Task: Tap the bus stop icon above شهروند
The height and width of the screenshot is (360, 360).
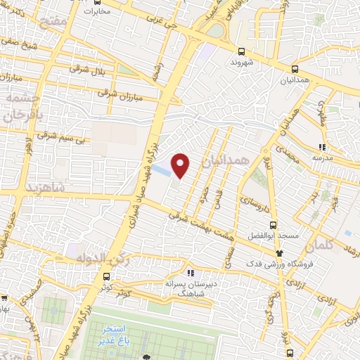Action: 241,51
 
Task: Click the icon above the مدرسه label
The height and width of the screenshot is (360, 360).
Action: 322,147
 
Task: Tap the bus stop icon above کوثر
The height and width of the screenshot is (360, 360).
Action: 106,276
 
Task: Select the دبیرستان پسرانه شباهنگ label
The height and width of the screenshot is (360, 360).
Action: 190,288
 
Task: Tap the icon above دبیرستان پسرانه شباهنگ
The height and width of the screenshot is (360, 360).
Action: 189,273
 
